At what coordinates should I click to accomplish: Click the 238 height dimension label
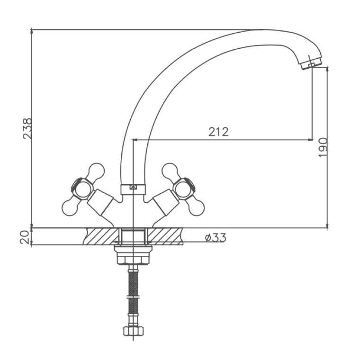(27, 128)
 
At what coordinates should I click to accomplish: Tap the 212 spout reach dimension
(218, 132)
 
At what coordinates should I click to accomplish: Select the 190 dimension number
(323, 147)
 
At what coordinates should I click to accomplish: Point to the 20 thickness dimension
(25, 237)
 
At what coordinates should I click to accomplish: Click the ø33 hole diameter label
(216, 238)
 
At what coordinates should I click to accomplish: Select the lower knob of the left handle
(70, 207)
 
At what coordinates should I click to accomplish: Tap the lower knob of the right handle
(196, 207)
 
